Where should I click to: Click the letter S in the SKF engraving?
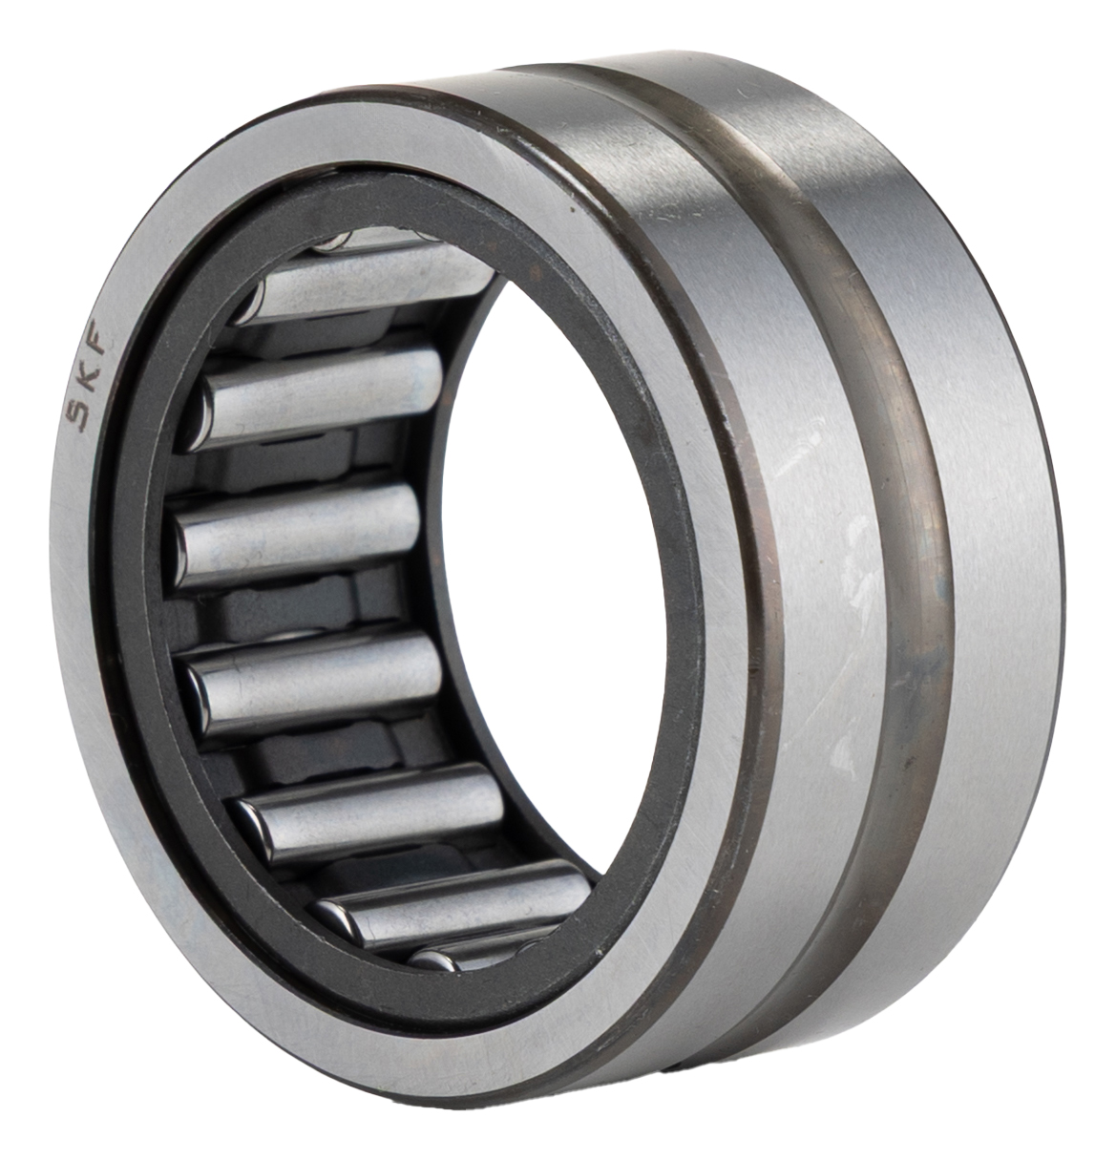pos(78,416)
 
